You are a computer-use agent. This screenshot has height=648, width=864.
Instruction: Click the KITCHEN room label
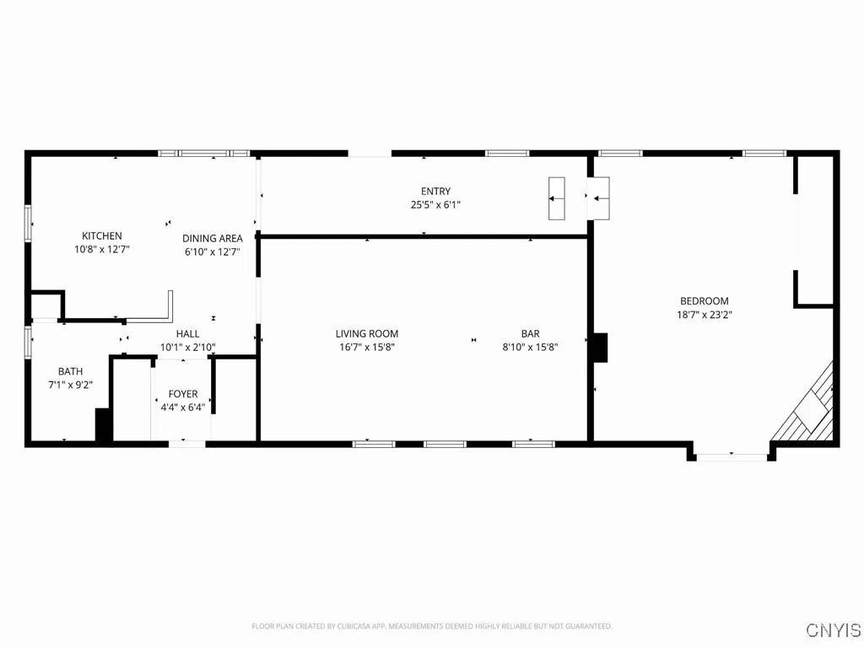pyautogui.click(x=102, y=235)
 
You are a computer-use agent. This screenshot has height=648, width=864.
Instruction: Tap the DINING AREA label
pyautogui.click(x=213, y=238)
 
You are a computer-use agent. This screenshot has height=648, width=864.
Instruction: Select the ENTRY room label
pyautogui.click(x=436, y=191)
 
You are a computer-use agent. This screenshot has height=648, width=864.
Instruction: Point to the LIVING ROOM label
pyautogui.click(x=367, y=333)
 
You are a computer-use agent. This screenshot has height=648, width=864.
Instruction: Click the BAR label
pyautogui.click(x=530, y=333)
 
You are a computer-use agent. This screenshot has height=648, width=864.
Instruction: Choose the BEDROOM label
pyautogui.click(x=705, y=300)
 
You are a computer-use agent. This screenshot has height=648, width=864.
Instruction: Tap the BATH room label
pyautogui.click(x=71, y=371)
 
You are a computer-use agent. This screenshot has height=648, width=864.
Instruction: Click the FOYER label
pyautogui.click(x=183, y=394)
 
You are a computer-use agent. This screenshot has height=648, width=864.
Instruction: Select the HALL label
pyautogui.click(x=188, y=334)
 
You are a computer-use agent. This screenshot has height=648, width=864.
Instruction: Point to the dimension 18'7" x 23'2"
pyautogui.click(x=705, y=315)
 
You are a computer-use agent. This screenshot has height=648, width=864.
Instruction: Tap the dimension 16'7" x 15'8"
pyautogui.click(x=367, y=347)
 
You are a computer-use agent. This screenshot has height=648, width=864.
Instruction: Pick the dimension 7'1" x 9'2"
pyautogui.click(x=71, y=385)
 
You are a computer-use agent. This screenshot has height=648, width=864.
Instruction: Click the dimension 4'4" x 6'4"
pyautogui.click(x=183, y=407)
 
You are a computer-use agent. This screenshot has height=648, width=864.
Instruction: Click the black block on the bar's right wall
pyautogui.click(x=599, y=347)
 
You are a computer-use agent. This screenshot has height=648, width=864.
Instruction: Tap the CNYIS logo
pyautogui.click(x=833, y=629)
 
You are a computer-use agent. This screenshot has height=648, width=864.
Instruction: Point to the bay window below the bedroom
pyautogui.click(x=732, y=456)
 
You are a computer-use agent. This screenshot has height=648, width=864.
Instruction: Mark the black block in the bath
pyautogui.click(x=104, y=424)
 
